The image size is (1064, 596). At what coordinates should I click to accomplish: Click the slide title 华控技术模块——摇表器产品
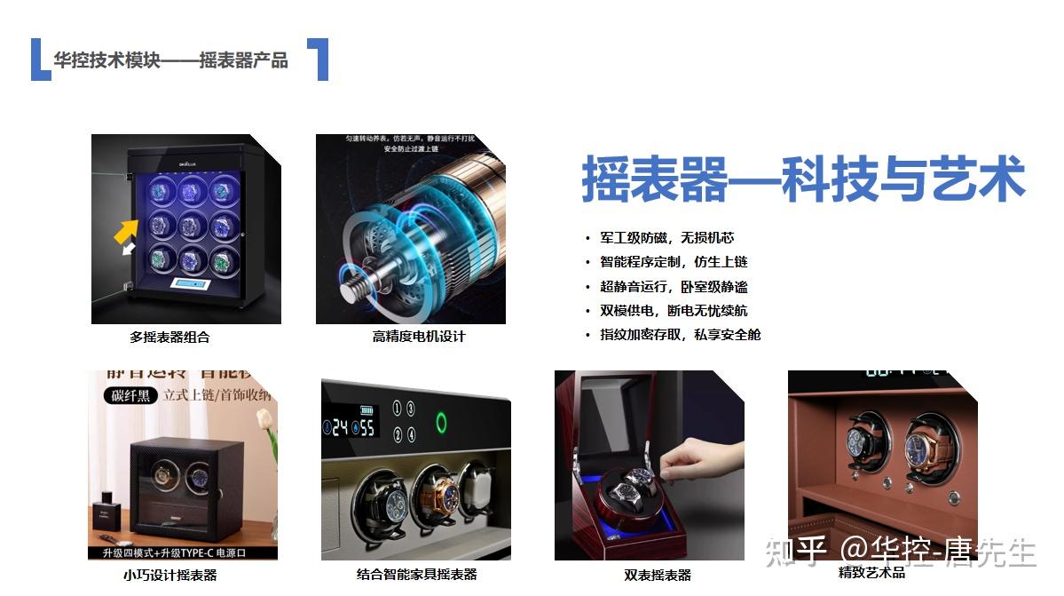[x=170, y=60]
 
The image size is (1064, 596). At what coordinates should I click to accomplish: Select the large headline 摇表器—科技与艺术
[x=803, y=180]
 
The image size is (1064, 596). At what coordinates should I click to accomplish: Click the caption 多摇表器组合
[x=169, y=338]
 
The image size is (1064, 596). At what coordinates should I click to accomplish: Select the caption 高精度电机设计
[x=418, y=337]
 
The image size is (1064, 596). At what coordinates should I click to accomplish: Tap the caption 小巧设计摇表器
[x=169, y=575]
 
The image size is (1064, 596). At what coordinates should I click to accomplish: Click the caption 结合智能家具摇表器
[x=416, y=575]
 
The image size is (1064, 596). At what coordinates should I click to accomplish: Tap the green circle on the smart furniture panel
[x=441, y=422]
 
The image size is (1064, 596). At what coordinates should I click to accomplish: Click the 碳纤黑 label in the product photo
[x=130, y=395]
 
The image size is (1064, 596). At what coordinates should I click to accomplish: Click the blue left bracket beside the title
[x=39, y=60]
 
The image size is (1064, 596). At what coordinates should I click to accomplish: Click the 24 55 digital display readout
[x=352, y=428]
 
